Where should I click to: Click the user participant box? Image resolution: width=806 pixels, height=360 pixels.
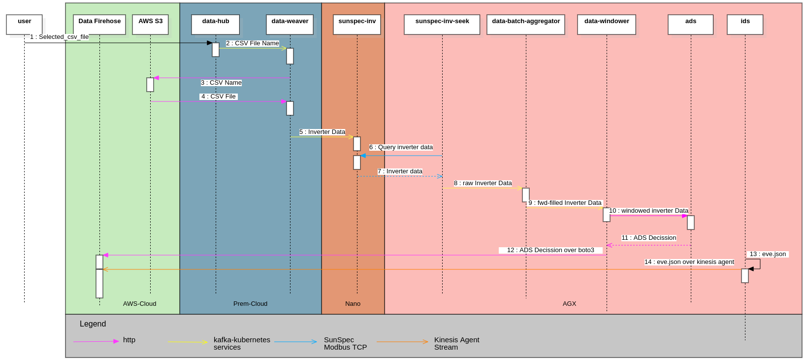click(x=24, y=25)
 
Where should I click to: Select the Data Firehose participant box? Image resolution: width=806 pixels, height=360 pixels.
click(x=99, y=25)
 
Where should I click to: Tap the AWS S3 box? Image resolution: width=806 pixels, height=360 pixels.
click(x=150, y=25)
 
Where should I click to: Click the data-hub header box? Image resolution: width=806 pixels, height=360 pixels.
click(x=216, y=25)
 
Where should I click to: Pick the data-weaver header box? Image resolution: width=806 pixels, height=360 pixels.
click(x=290, y=25)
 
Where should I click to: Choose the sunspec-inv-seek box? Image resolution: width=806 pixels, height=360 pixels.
click(x=442, y=25)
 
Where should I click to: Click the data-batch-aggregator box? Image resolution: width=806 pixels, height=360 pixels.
click(x=525, y=25)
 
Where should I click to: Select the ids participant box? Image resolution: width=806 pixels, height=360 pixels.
click(x=745, y=25)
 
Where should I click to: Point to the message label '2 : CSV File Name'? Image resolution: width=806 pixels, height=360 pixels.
click(x=253, y=43)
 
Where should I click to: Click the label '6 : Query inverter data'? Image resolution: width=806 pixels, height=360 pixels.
click(x=401, y=147)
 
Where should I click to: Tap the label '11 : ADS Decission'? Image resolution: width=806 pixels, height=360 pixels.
click(x=648, y=238)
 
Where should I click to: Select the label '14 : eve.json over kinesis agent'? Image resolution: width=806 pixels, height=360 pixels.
click(x=689, y=262)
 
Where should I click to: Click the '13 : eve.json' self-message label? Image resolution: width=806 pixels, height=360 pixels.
click(x=768, y=254)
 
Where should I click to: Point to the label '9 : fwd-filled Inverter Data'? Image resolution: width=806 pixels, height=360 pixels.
click(x=565, y=203)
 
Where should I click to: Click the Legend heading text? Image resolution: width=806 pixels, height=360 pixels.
click(x=93, y=324)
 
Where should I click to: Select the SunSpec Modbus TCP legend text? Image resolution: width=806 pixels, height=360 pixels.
click(x=345, y=343)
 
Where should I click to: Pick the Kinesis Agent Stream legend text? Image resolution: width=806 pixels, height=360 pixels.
click(x=456, y=343)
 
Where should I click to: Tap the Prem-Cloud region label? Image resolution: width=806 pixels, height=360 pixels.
click(x=250, y=304)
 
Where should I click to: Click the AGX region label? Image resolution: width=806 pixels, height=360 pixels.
click(x=569, y=304)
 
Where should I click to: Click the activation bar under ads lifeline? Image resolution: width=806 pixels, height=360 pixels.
click(x=691, y=223)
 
